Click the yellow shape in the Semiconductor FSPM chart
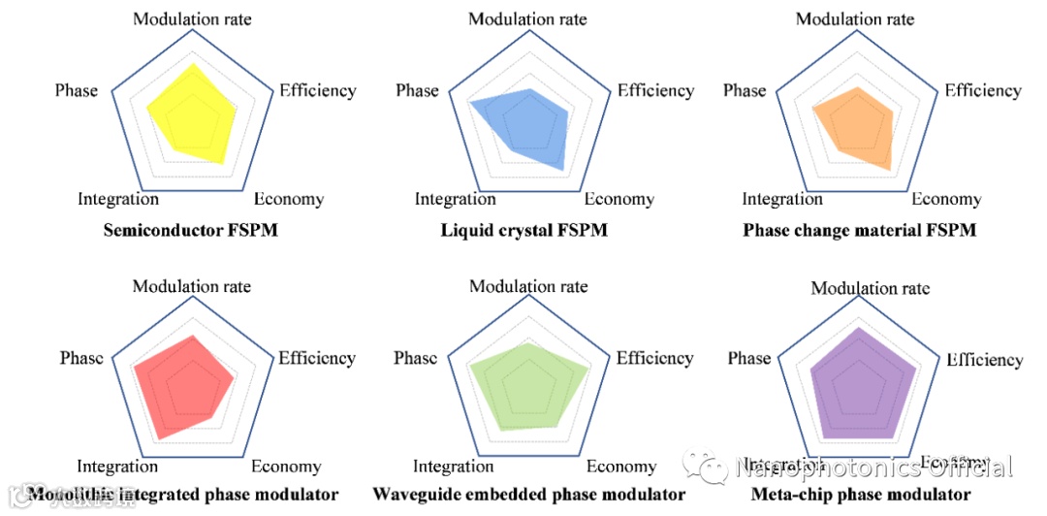(x=194, y=114)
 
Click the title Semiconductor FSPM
(x=184, y=231)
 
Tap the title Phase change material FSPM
(x=859, y=231)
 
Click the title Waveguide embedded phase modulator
(x=528, y=495)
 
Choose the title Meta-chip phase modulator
(x=861, y=495)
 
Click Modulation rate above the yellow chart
(x=192, y=18)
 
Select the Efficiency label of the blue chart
(x=655, y=90)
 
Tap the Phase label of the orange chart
(x=745, y=90)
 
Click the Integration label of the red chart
(x=117, y=467)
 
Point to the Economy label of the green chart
(x=620, y=467)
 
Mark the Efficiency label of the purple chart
(x=984, y=360)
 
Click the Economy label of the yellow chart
(x=288, y=200)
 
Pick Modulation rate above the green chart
(x=528, y=286)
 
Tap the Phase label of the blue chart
(x=417, y=90)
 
